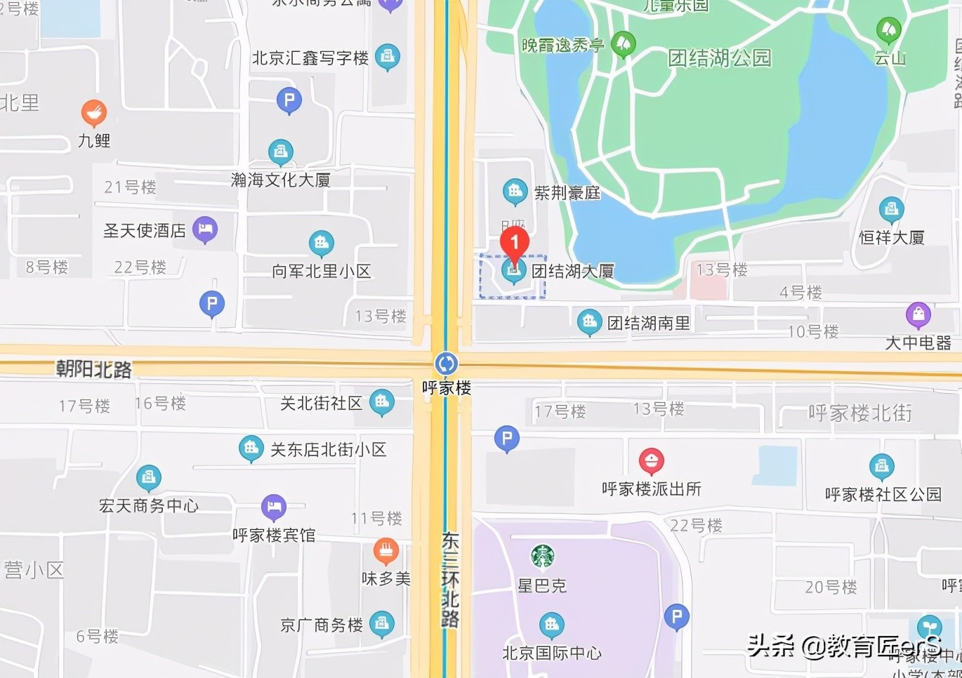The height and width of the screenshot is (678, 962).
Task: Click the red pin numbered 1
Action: (x=514, y=244)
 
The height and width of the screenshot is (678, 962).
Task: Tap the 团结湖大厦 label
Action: (x=573, y=271)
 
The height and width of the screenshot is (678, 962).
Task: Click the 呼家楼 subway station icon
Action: (x=446, y=364)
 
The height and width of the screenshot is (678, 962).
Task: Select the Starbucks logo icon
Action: (x=542, y=556)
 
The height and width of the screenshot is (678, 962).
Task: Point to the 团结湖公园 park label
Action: (x=719, y=58)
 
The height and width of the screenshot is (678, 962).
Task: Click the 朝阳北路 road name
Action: (x=93, y=369)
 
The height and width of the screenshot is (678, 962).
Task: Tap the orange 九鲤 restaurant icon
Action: (x=93, y=112)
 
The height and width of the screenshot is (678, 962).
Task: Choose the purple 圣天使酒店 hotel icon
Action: (x=205, y=229)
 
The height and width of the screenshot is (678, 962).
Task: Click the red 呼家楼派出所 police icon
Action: (x=652, y=461)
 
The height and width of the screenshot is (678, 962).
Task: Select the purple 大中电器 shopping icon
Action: (x=918, y=315)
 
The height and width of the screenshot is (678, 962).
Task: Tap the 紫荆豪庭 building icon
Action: (x=515, y=191)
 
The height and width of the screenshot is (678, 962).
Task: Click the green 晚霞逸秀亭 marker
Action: (x=623, y=44)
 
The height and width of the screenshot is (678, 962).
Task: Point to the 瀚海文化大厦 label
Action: (x=281, y=180)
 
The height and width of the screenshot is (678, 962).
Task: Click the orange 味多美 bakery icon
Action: (x=386, y=551)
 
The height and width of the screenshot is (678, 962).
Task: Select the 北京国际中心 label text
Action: (x=552, y=653)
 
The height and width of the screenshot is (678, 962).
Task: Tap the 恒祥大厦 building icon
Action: (x=891, y=208)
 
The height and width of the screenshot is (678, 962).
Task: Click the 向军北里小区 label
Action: (x=321, y=271)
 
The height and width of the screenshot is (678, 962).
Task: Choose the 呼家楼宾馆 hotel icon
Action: (x=274, y=507)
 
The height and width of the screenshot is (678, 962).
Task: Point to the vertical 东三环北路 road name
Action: (x=450, y=580)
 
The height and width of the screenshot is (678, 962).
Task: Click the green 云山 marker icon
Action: (x=889, y=29)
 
